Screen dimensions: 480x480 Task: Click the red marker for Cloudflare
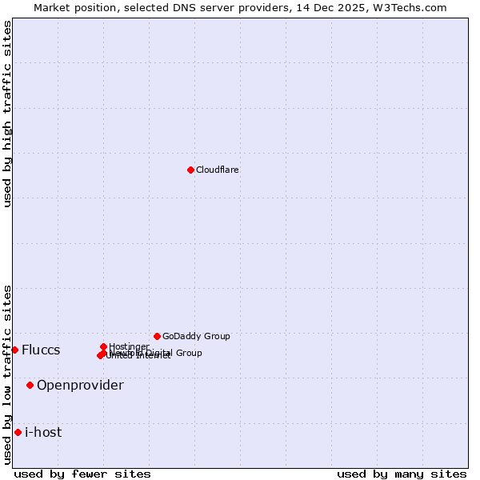pyautogui.click(x=190, y=170)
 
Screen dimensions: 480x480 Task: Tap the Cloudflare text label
pyautogui.click(x=218, y=170)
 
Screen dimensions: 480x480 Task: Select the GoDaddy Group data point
pyautogui.click(x=157, y=336)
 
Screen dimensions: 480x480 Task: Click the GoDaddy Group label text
pyautogui.click(x=196, y=336)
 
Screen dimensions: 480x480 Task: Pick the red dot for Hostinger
pyautogui.click(x=103, y=346)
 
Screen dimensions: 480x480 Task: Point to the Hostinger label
pyautogui.click(x=129, y=346)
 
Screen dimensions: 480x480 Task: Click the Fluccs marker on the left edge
pyautogui.click(x=14, y=350)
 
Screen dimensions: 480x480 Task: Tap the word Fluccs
pyautogui.click(x=41, y=350)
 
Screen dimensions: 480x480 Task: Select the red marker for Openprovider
pyautogui.click(x=30, y=385)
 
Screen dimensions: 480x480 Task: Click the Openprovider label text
pyautogui.click(x=80, y=386)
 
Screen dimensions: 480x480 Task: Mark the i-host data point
pyautogui.click(x=18, y=432)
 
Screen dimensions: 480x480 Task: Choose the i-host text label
pyautogui.click(x=43, y=433)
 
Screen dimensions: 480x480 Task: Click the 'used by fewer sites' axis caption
pyautogui.click(x=82, y=474)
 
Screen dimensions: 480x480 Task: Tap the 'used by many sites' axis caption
pyautogui.click(x=402, y=474)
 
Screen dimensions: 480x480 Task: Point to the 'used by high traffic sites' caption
pyautogui.click(x=8, y=114)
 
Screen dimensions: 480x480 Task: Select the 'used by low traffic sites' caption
pyautogui.click(x=8, y=374)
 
